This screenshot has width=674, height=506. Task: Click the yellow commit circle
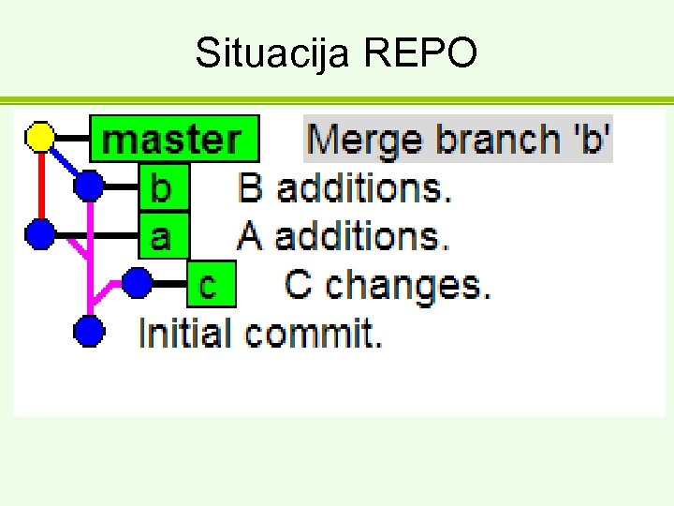coord(40,137)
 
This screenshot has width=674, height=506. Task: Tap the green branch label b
coord(162,187)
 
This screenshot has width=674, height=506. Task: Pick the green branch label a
coord(162,234)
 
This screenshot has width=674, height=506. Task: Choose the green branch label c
coord(208,283)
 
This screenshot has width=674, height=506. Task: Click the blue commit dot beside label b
coord(88,186)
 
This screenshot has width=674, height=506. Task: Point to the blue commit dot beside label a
coord(40,233)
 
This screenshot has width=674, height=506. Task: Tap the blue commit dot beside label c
coord(137,282)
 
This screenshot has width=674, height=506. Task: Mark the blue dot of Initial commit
coord(88,331)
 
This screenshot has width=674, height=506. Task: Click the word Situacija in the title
coord(271,53)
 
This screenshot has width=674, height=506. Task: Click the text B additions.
coord(344,187)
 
